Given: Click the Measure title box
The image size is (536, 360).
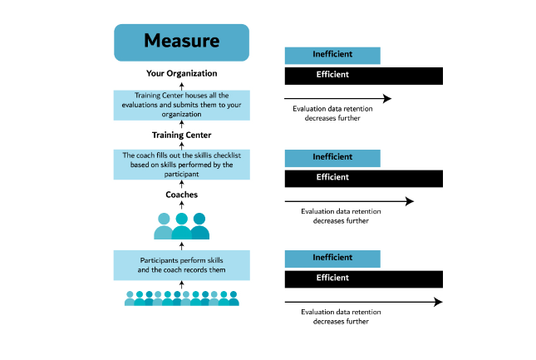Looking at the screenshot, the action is click(x=181, y=42).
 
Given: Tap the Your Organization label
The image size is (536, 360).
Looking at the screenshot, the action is click(x=181, y=73).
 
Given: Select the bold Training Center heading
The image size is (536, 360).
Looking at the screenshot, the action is click(x=181, y=135).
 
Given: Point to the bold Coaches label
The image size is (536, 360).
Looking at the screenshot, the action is click(x=181, y=195).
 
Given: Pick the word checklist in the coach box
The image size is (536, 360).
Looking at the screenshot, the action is click(x=227, y=155).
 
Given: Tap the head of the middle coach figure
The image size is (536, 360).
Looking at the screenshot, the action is click(x=181, y=219).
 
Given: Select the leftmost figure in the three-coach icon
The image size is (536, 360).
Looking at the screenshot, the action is click(x=164, y=226).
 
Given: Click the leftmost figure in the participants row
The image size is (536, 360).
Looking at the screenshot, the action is click(x=130, y=298).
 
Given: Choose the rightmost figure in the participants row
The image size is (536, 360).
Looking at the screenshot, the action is click(x=234, y=298).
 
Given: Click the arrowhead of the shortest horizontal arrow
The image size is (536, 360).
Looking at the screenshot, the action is click(x=387, y=98).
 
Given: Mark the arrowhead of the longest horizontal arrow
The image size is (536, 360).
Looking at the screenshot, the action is click(x=439, y=302).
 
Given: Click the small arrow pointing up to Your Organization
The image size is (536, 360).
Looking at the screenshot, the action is click(x=181, y=86).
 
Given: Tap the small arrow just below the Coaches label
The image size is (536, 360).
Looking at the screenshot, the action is click(x=181, y=205).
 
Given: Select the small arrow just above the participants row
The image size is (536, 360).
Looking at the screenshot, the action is click(x=181, y=284).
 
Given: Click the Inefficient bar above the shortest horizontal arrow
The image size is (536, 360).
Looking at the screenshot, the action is click(x=332, y=56).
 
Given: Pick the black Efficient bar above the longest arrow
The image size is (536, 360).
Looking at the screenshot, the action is click(x=364, y=279).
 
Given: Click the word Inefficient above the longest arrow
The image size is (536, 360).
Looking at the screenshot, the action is click(x=332, y=258).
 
